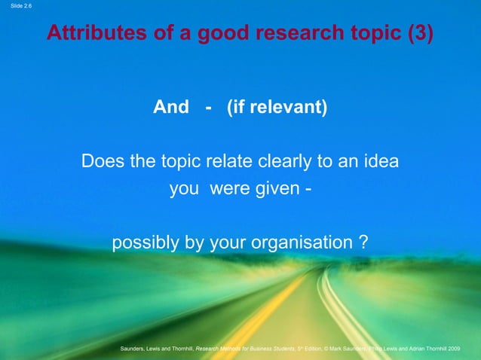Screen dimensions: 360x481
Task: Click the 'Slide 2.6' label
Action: click(16, 6)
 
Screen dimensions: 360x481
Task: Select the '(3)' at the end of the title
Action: click(418, 34)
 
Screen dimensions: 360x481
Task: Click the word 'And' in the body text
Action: click(171, 108)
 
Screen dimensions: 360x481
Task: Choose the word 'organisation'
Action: click(307, 244)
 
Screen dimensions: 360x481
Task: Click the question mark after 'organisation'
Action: click(363, 244)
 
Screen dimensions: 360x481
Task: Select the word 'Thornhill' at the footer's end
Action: click(439, 349)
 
